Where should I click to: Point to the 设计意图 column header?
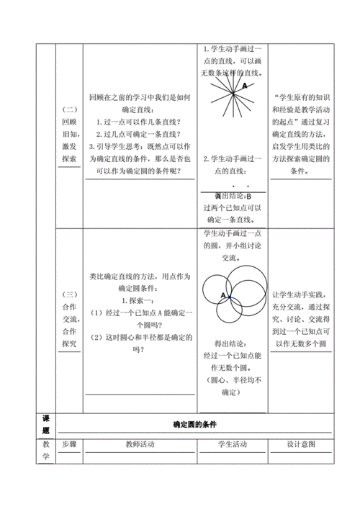tap(302, 445)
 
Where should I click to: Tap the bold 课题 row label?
tap(45, 424)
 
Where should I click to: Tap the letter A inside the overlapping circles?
tap(224, 295)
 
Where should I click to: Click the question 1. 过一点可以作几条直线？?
tap(139, 121)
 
